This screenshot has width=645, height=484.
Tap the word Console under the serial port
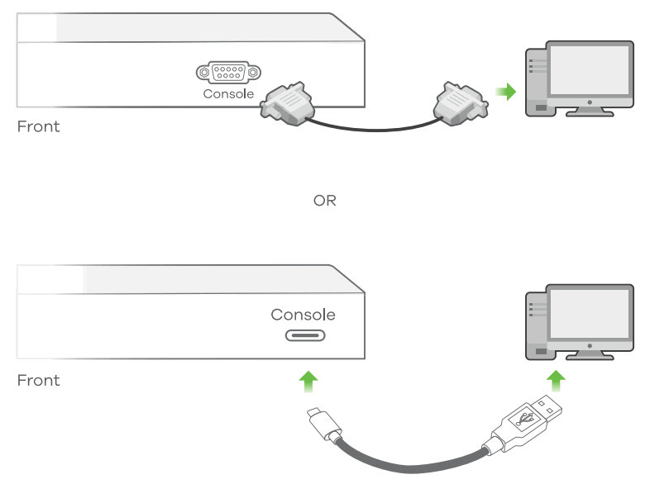(228, 94)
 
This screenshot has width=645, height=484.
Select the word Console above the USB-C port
(303, 315)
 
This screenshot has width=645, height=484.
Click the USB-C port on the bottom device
(305, 336)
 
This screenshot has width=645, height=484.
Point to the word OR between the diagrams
(325, 201)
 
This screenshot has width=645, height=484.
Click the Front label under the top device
(39, 127)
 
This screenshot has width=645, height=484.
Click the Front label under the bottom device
(39, 381)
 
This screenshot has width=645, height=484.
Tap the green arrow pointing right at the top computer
(505, 91)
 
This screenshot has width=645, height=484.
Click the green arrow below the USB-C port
(308, 381)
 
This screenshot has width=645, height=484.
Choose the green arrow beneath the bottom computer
(557, 381)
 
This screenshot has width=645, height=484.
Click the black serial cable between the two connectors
(372, 128)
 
